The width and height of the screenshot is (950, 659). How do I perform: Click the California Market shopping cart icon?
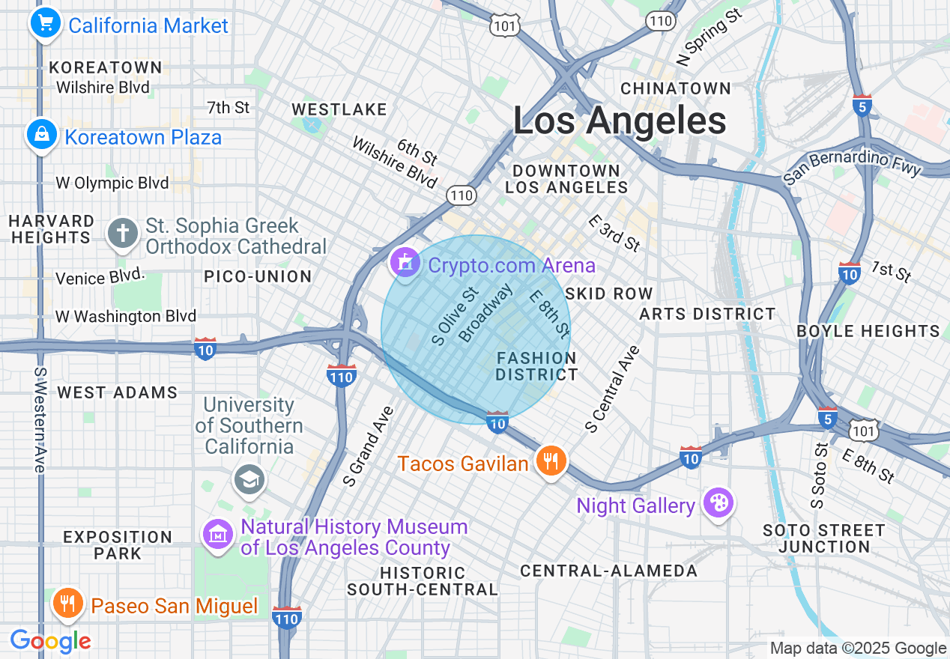coord(45,23)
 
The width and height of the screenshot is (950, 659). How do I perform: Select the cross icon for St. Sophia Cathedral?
coord(123,233)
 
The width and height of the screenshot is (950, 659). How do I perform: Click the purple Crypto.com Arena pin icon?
coord(405,263)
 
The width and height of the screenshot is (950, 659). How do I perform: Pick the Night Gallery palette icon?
coord(718,503)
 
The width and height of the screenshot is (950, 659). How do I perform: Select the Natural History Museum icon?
coord(218,535)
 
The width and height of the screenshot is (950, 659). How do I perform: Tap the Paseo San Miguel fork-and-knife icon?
coord(67,604)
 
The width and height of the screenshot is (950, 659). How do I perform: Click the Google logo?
coord(50,641)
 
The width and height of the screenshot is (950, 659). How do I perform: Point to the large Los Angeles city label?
coord(620,121)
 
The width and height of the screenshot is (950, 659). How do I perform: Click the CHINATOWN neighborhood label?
coord(675,88)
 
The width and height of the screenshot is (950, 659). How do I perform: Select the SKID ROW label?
coord(609,294)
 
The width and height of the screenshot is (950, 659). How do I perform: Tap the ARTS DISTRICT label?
coord(707,314)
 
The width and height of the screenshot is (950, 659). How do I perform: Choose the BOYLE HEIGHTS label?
coord(868,331)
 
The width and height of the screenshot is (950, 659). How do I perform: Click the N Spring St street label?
coord(710,37)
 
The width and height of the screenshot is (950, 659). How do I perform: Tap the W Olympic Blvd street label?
coord(112,183)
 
